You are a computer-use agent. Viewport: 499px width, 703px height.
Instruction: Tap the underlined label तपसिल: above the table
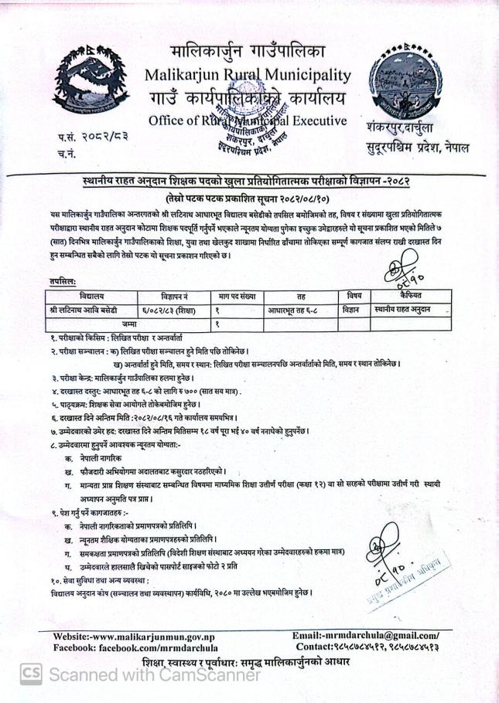(x=62, y=283)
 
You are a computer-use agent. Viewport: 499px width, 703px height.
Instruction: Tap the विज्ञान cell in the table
(x=354, y=310)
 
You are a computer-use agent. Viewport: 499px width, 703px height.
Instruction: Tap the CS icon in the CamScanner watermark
(x=31, y=674)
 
